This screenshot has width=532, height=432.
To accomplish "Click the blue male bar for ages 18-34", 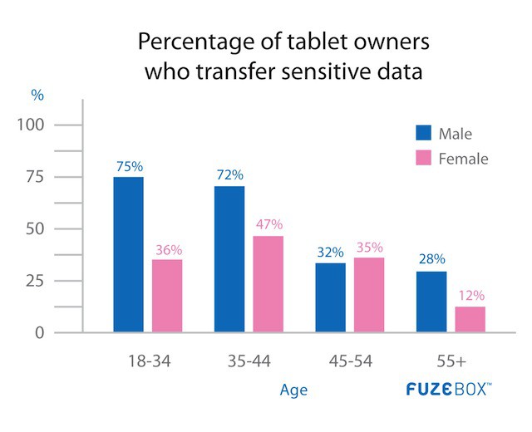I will [x=128, y=254].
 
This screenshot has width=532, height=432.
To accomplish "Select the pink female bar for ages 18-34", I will [x=167, y=296].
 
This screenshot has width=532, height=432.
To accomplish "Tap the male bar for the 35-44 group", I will [x=229, y=259].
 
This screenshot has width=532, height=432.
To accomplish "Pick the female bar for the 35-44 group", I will [x=268, y=284].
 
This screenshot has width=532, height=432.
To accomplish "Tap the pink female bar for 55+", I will [x=470, y=319].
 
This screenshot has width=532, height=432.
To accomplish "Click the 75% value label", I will [x=128, y=166].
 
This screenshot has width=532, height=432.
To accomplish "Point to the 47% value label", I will [x=268, y=224].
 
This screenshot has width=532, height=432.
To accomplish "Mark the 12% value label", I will [x=470, y=295].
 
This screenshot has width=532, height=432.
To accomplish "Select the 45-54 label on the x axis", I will [x=350, y=363].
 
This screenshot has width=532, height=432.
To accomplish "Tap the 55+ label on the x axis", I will [x=450, y=363].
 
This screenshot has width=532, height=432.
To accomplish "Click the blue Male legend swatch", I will [x=424, y=134].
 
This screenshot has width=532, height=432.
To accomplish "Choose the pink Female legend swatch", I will [x=424, y=158].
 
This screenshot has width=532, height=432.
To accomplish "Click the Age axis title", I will [x=293, y=390].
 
